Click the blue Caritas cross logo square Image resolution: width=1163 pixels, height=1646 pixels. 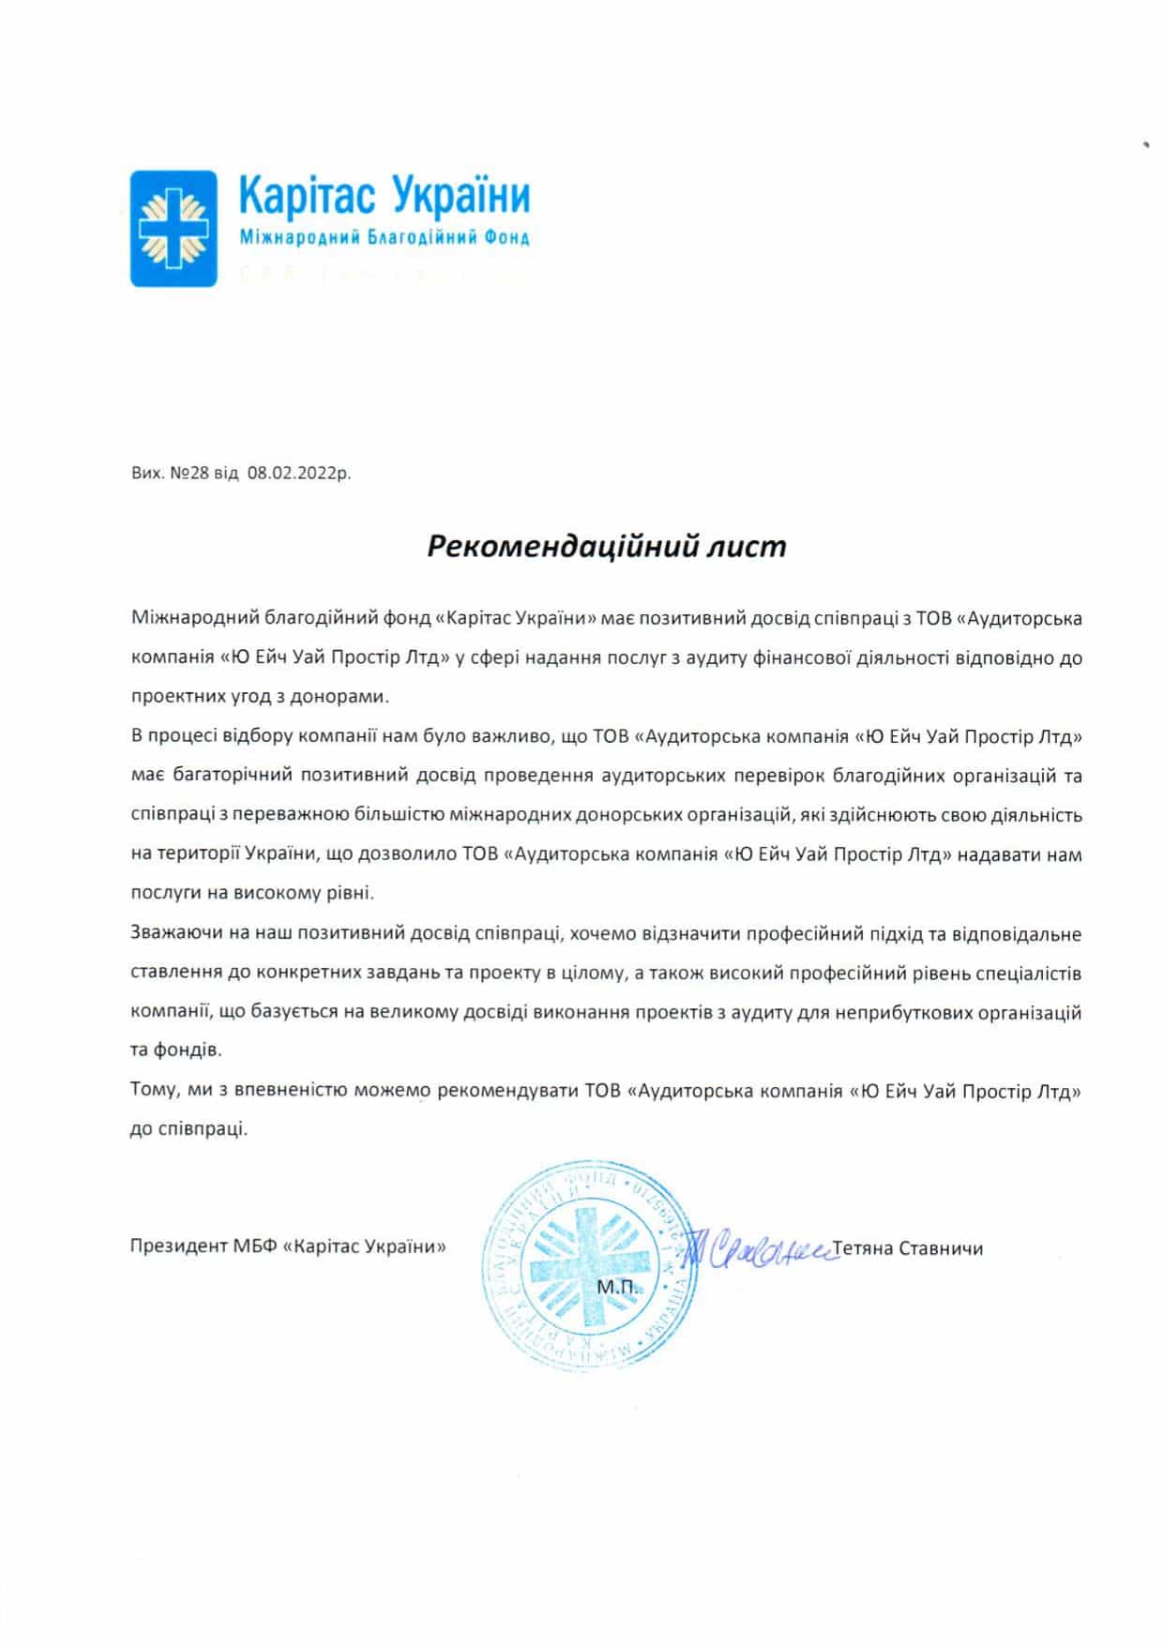[174, 228]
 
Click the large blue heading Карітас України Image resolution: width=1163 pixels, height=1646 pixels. [385, 196]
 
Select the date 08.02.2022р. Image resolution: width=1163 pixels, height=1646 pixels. [299, 474]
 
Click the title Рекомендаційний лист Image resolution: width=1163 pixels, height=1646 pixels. [607, 546]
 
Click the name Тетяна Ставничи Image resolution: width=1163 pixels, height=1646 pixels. [907, 1248]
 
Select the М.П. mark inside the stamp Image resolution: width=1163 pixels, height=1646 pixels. [616, 1286]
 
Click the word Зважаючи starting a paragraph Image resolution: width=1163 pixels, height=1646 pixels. [176, 934]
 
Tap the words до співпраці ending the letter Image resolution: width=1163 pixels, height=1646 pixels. [189, 1129]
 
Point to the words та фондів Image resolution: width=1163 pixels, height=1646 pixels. [176, 1050]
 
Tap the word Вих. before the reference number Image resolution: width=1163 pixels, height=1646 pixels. [146, 474]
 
